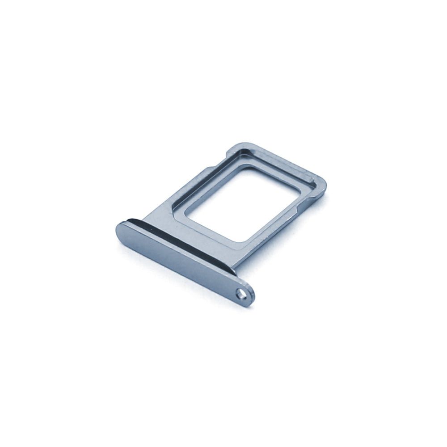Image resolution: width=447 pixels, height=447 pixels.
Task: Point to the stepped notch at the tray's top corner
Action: (232, 148)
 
